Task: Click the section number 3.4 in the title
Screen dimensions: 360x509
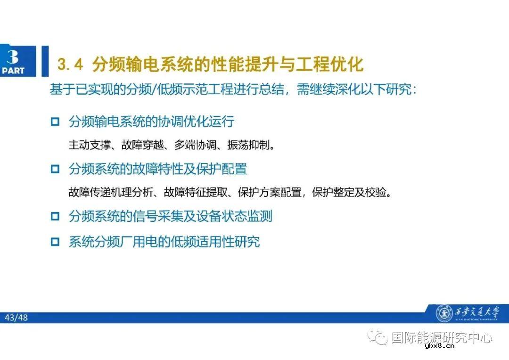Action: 70,65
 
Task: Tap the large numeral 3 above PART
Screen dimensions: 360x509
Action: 13,57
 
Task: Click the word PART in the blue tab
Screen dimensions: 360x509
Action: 13,71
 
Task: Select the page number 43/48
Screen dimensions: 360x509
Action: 16,318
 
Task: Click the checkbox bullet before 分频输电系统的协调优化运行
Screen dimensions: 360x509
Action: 55,122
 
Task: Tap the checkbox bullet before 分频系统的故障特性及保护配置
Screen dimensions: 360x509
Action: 55,169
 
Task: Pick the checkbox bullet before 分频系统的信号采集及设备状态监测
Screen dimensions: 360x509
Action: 55,216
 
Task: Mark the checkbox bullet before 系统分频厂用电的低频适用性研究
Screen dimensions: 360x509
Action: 55,242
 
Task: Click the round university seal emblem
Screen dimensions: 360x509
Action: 443,313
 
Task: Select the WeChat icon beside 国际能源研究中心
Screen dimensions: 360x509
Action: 378,337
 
